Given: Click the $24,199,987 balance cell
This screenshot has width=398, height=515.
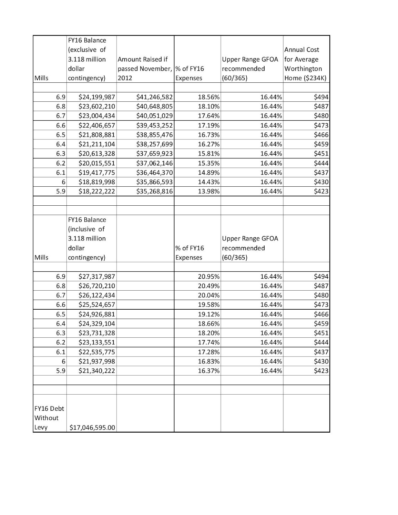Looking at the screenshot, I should [x=97, y=97].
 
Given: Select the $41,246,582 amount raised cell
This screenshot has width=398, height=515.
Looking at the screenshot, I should [x=154, y=97].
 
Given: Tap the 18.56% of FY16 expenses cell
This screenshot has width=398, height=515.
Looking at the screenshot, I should [x=209, y=97].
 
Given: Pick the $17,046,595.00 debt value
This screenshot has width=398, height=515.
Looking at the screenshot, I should [x=92, y=427].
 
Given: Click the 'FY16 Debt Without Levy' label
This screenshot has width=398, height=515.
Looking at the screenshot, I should [x=49, y=418].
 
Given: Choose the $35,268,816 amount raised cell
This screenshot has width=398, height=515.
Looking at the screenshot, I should [x=154, y=191].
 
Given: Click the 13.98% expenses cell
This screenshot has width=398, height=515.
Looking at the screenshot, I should [x=209, y=191].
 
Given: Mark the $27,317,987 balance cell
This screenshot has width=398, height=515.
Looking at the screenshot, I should [x=97, y=276].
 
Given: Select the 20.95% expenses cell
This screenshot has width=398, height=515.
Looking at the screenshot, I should [x=209, y=276].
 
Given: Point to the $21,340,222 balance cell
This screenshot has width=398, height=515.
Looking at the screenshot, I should [x=97, y=370].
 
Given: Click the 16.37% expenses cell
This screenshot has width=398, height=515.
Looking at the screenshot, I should [x=209, y=370].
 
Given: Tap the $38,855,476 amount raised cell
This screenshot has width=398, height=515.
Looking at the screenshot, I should [x=154, y=135].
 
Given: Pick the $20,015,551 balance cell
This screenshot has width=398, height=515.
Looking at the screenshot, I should [x=97, y=163].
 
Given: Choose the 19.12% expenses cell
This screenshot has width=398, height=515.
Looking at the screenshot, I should [x=209, y=314].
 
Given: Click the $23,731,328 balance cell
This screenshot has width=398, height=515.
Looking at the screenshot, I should [x=97, y=333].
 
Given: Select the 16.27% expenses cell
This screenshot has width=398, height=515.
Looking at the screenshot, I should [x=209, y=144].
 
